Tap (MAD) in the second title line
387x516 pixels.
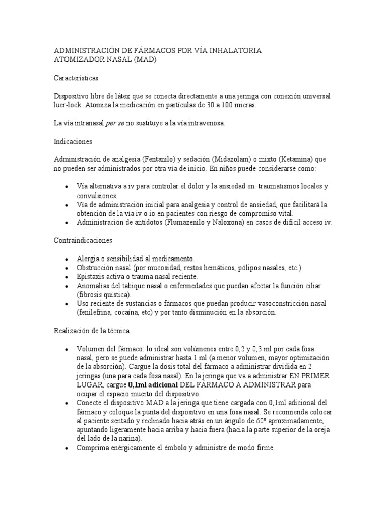tap(146, 59)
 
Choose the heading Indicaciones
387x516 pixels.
tap(73, 142)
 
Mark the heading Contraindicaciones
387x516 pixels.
tap(83, 240)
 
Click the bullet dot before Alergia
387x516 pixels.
tap(66, 259)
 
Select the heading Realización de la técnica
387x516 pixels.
tap(92, 331)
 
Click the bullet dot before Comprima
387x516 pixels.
tap(66, 447)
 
